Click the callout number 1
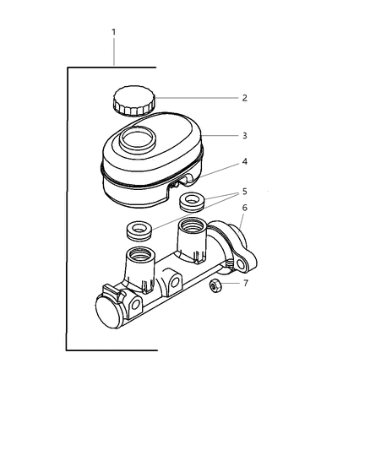click(114, 32)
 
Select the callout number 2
click(244, 98)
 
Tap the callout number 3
click(245, 135)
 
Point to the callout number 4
click(245, 161)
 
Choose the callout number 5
click(245, 192)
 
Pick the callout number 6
click(245, 208)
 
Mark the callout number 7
click(246, 284)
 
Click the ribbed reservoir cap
click(134, 100)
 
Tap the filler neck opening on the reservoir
click(138, 139)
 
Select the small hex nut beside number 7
click(215, 285)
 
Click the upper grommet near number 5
click(192, 202)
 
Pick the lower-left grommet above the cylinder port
click(139, 230)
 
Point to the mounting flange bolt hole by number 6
click(241, 264)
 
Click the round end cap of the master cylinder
click(108, 312)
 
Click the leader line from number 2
click(197, 98)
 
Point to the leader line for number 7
click(229, 284)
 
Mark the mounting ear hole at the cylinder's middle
click(175, 282)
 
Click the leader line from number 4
click(220, 170)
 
